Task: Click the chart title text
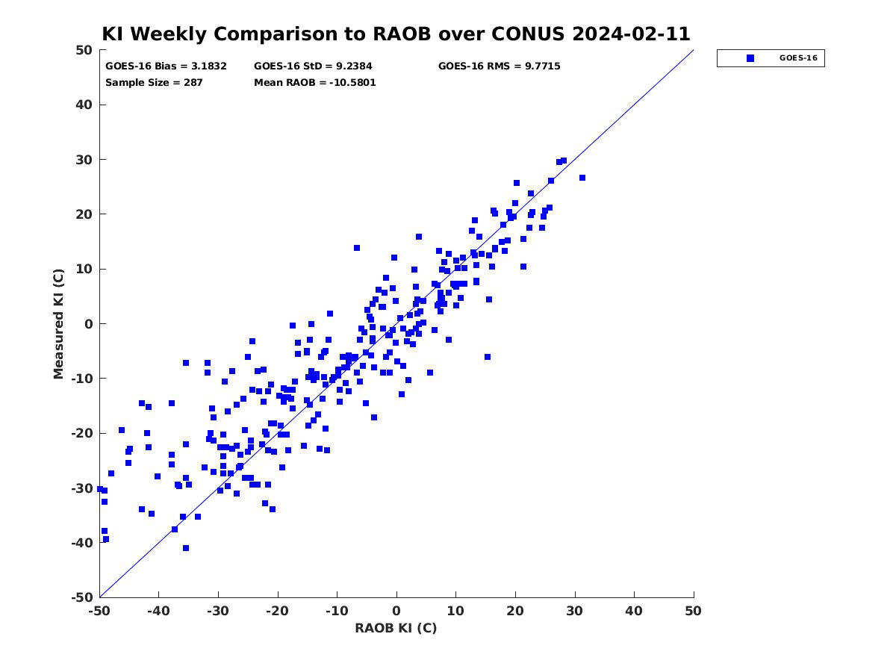pyautogui.click(x=396, y=34)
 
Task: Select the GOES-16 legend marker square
pyautogui.click(x=750, y=58)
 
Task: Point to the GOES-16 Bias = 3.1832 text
pyautogui.click(x=166, y=66)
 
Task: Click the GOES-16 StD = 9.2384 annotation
pyautogui.click(x=313, y=66)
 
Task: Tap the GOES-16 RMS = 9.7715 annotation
pyautogui.click(x=500, y=66)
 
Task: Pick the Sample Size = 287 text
pyautogui.click(x=154, y=83)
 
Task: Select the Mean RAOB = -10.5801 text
pyautogui.click(x=315, y=83)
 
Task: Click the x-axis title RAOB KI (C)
pyautogui.click(x=396, y=628)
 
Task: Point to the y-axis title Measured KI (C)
pyautogui.click(x=58, y=324)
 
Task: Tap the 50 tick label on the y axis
pyautogui.click(x=84, y=50)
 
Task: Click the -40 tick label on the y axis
pyautogui.click(x=82, y=543)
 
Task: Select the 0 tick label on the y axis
pyautogui.click(x=89, y=324)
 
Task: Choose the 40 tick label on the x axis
pyautogui.click(x=634, y=611)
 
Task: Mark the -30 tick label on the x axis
pyautogui.click(x=218, y=611)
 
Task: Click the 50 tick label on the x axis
pyautogui.click(x=693, y=611)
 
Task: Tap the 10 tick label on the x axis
pyautogui.click(x=455, y=611)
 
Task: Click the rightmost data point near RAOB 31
pyautogui.click(x=582, y=178)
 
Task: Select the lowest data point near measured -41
pyautogui.click(x=186, y=548)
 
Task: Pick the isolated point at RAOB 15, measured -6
pyautogui.click(x=488, y=357)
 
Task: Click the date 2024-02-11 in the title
pyautogui.click(x=631, y=34)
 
